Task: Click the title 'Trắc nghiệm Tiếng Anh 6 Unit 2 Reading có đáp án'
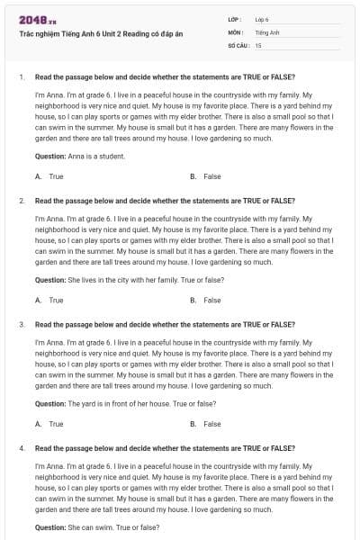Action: (x=100, y=32)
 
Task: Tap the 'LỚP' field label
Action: (x=236, y=19)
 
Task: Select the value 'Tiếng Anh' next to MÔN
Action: (x=268, y=31)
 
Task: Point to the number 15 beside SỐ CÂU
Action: (x=258, y=44)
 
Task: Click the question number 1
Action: (x=21, y=76)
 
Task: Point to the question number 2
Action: (x=21, y=201)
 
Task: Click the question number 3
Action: (x=21, y=323)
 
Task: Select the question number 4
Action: (x=21, y=447)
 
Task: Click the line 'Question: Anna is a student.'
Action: (x=79, y=156)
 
